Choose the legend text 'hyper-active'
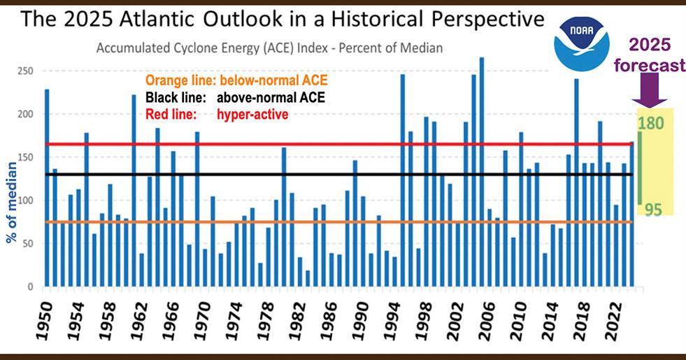pos(253,114)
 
